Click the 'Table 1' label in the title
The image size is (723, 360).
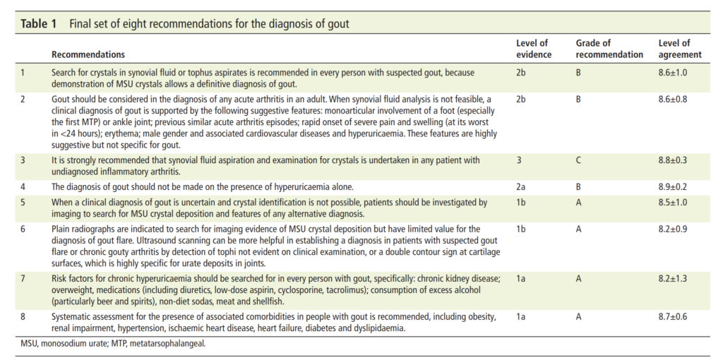(x=38, y=24)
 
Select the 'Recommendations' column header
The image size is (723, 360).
(x=88, y=54)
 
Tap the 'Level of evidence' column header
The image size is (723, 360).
(x=534, y=49)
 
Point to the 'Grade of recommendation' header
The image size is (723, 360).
(x=609, y=49)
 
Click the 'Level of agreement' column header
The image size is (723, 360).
(x=680, y=49)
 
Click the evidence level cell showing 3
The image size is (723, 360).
(x=518, y=160)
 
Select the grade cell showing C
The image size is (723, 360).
(x=579, y=160)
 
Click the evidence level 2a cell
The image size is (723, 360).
(x=520, y=186)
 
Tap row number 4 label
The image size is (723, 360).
(x=23, y=186)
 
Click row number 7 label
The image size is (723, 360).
(x=23, y=279)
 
